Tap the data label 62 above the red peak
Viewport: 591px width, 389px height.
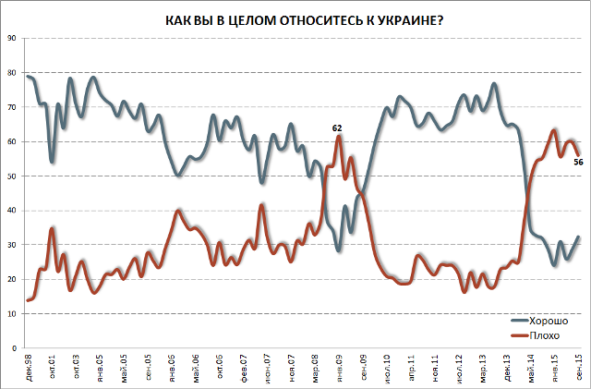[x=338, y=128]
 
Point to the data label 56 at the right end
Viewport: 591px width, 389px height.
[x=578, y=163]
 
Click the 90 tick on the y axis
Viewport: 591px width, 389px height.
[x=12, y=38]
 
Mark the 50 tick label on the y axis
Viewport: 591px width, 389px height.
[x=12, y=176]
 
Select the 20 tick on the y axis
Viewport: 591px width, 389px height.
[x=12, y=280]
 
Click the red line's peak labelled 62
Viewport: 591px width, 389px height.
[x=339, y=137]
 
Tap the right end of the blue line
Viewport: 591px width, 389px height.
[x=579, y=237]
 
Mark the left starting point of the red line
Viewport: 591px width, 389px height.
[x=28, y=300]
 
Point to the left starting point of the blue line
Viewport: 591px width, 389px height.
[x=28, y=76]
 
